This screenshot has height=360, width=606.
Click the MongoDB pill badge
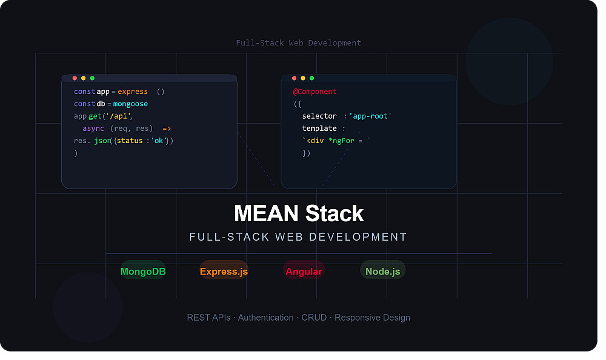pos(143,270)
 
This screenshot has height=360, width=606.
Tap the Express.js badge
pos(224,270)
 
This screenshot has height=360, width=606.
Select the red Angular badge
pos(304,270)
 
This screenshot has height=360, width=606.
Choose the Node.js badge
pos(382,270)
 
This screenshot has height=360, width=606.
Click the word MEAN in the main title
pos(266,213)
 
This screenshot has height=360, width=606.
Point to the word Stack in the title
pos(335,213)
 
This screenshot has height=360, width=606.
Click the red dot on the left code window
pos(75,78)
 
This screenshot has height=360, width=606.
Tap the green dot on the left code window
pos(92,78)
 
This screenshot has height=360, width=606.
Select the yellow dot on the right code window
pos(303,78)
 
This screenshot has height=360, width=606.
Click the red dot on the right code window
pos(294,78)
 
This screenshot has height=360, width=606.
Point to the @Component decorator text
pos(315,92)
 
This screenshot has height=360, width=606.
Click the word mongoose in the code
pos(131,104)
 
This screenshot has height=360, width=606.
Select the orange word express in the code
pos(133,92)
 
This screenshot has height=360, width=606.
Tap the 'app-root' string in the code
pos(370,116)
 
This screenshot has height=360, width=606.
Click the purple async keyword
pos(93,128)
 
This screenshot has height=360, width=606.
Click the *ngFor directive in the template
pos(341,141)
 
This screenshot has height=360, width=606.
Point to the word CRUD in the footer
pos(314,318)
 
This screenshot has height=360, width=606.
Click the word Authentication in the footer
pos(265,318)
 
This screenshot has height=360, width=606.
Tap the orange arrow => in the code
pos(167,128)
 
